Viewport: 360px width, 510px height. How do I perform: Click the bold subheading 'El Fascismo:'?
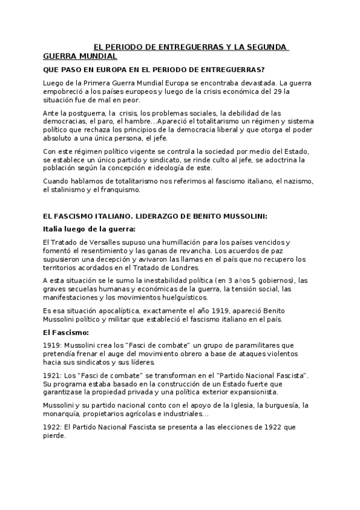[x=66, y=332]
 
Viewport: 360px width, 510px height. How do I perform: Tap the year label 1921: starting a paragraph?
[x=52, y=375]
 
